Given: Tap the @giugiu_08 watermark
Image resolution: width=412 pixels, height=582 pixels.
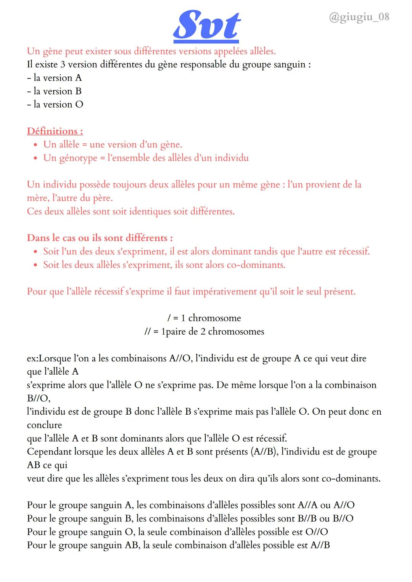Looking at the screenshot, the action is (359, 17).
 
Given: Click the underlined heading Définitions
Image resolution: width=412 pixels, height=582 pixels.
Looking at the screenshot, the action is (55, 131).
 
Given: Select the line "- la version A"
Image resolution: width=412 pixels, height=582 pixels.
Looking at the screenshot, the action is (55, 78).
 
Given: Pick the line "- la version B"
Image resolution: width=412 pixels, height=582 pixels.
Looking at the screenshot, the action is (55, 91).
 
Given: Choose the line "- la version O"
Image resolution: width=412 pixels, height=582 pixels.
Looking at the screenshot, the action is (55, 104).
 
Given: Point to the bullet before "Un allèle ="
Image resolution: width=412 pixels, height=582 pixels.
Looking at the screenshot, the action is (35, 145).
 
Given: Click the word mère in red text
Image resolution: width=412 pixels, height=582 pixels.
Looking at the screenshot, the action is (37, 198).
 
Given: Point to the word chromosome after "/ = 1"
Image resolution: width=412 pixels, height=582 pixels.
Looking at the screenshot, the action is (214, 318).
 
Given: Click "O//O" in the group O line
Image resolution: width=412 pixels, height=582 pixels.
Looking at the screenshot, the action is (317, 532).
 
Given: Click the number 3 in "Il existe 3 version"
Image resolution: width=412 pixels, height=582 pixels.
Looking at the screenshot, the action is (63, 64).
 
